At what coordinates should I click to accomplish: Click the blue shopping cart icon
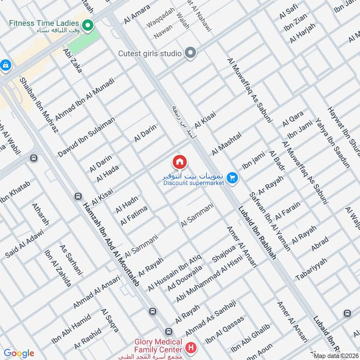[x=232, y=179]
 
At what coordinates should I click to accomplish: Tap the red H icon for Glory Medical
[x=191, y=348]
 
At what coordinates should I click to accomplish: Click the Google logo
[x=18, y=353]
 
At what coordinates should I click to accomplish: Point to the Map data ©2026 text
[x=335, y=355]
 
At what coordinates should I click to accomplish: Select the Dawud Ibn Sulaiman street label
[x=86, y=137]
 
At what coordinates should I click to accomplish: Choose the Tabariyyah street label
[x=311, y=269]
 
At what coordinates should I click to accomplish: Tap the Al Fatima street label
[x=134, y=216]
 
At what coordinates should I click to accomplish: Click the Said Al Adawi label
[x=25, y=243]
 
